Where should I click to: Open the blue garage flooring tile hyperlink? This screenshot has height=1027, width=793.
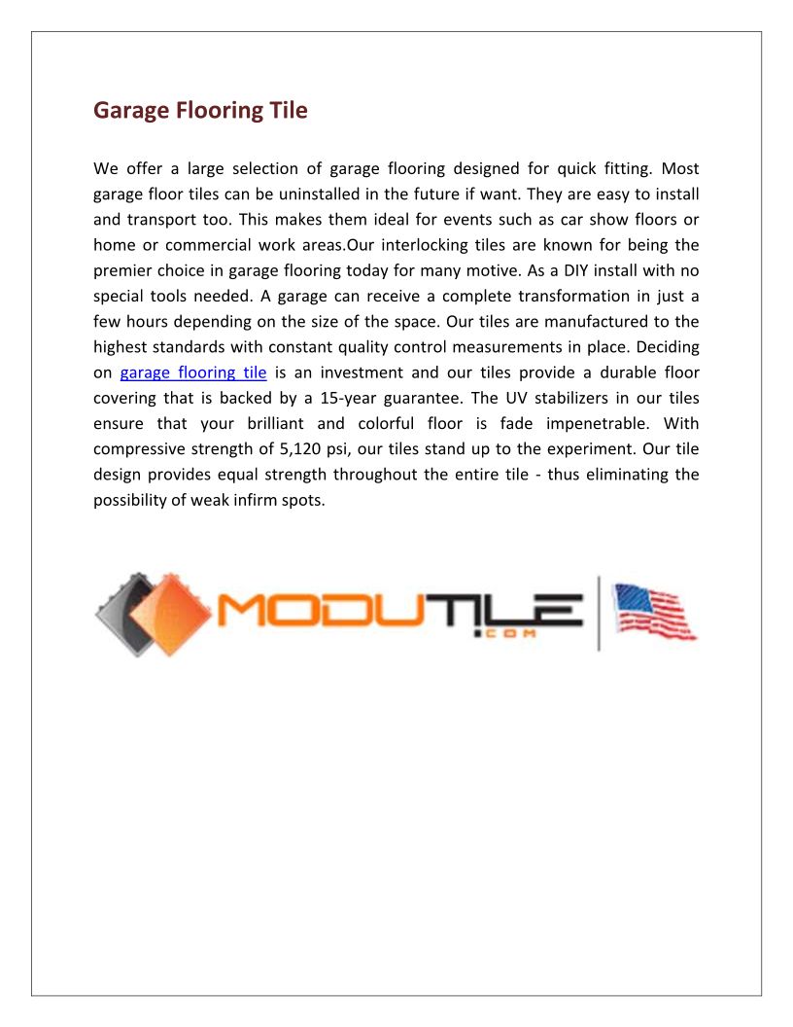pyautogui.click(x=193, y=372)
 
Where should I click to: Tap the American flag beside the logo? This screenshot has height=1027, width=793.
pyautogui.click(x=654, y=611)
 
